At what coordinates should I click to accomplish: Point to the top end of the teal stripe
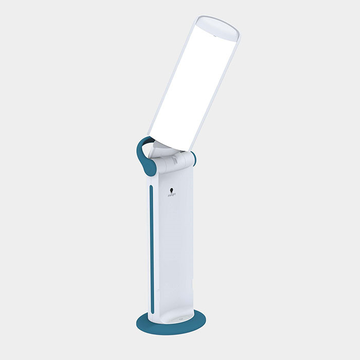151,187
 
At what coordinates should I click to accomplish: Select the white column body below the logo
172,247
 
